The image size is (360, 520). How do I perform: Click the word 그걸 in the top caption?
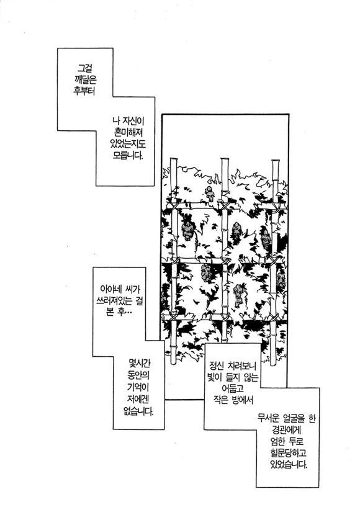click(85, 69)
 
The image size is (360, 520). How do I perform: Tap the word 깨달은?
click(84, 80)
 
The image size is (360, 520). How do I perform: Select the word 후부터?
click(84, 91)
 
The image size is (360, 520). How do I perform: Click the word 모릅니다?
click(128, 155)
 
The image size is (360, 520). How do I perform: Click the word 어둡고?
click(232, 388)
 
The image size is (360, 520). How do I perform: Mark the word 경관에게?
click(286, 430)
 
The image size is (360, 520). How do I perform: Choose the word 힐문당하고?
click(287, 453)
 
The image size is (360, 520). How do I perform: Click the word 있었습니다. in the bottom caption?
click(289, 464)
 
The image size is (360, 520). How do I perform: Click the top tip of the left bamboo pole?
click(174, 158)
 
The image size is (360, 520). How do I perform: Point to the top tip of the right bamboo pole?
click(276, 161)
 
